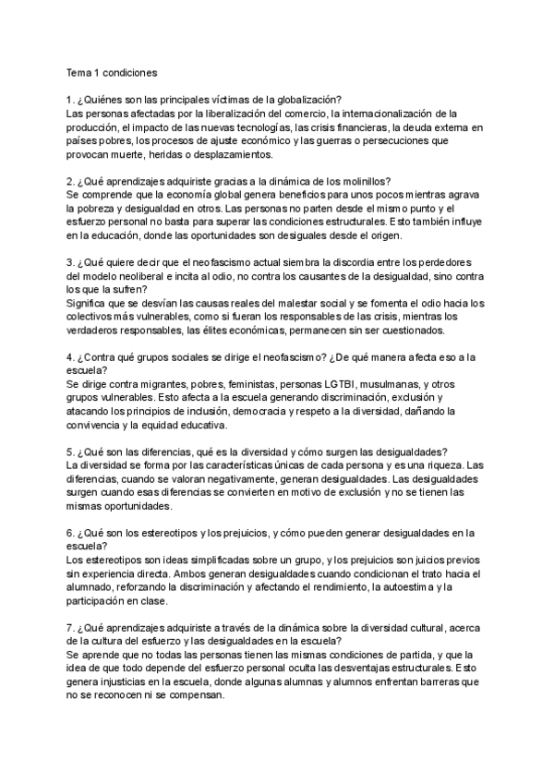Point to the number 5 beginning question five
pos(70,452)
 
